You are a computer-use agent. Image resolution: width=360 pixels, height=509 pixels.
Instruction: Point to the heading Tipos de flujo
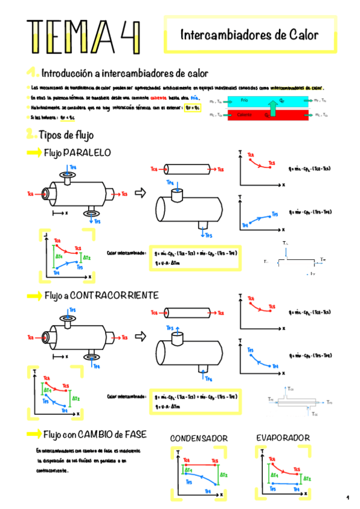(66, 135)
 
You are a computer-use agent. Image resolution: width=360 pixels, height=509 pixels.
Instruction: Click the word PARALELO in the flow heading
(87, 153)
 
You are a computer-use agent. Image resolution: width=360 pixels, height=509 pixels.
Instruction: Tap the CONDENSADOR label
(199, 439)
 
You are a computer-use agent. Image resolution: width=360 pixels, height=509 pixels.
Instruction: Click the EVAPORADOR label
(283, 438)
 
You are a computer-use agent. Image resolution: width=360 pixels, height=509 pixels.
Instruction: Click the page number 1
(347, 498)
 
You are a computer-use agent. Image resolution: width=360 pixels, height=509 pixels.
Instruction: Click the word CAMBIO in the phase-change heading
(92, 434)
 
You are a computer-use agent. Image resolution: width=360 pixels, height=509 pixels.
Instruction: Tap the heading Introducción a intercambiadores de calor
(124, 73)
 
